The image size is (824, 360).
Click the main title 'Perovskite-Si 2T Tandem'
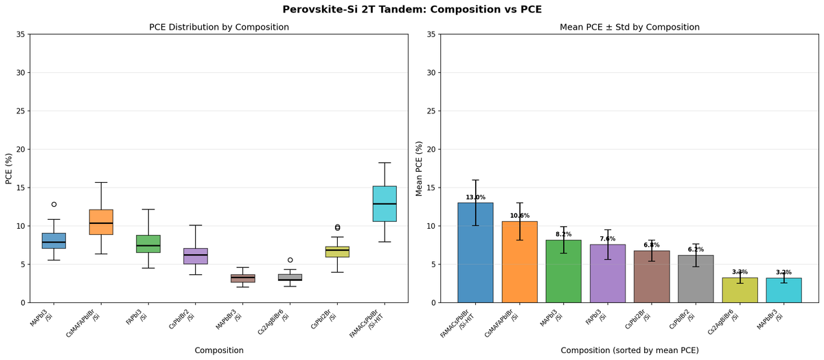tap(411, 10)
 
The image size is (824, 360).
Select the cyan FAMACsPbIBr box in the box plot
tap(385, 203)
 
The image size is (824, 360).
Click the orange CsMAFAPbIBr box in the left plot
tap(101, 222)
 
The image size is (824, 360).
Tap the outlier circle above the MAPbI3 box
tap(54, 204)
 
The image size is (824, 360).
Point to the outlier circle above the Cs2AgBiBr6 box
tap(290, 260)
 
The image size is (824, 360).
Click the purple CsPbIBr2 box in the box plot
tap(196, 256)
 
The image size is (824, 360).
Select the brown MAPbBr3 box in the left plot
tap(242, 278)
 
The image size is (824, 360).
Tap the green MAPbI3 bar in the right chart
tap(563, 271)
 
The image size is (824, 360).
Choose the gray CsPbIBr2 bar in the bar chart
tap(696, 279)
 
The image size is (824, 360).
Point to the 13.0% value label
tap(475, 197)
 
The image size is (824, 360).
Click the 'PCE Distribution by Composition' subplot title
tap(219, 27)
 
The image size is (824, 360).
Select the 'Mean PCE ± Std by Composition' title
tap(630, 27)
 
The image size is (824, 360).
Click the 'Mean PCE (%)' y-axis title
tap(419, 168)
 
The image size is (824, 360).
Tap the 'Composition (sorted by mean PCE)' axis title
tap(630, 350)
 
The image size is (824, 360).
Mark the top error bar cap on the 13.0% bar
tap(475, 180)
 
